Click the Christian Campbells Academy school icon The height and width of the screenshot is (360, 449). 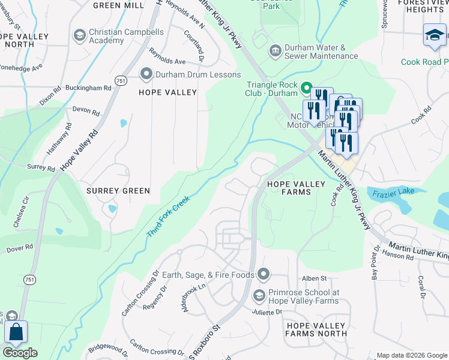pos(79,35)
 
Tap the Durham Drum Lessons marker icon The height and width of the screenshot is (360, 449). pos(146,74)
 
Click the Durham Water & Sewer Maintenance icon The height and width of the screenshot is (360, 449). pos(275,52)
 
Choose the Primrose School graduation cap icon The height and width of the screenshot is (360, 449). pos(259,296)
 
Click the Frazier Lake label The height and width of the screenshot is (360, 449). pos(390,194)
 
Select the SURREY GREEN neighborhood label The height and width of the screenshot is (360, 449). pos(118,191)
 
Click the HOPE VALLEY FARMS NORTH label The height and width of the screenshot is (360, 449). pos(316,329)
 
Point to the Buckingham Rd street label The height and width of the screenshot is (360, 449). pos(89,88)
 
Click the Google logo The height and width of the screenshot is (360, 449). pos(20,353)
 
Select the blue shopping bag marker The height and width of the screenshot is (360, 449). pos(16,332)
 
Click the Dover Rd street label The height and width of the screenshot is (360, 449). pos(19,248)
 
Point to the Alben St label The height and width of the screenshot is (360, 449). pos(314,278)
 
